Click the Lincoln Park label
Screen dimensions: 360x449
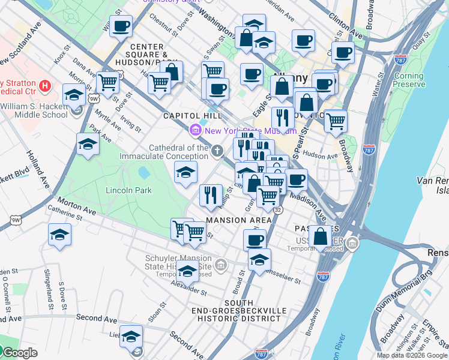point(128,190)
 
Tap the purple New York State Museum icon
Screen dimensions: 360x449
point(196,130)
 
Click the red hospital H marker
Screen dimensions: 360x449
point(44,86)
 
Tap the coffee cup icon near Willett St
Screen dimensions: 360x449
point(121,26)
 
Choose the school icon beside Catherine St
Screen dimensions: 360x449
point(59,235)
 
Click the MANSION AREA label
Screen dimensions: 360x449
point(238,220)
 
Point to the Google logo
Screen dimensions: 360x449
point(20,353)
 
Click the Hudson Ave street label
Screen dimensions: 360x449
point(320,156)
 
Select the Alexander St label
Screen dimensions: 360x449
point(188,290)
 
